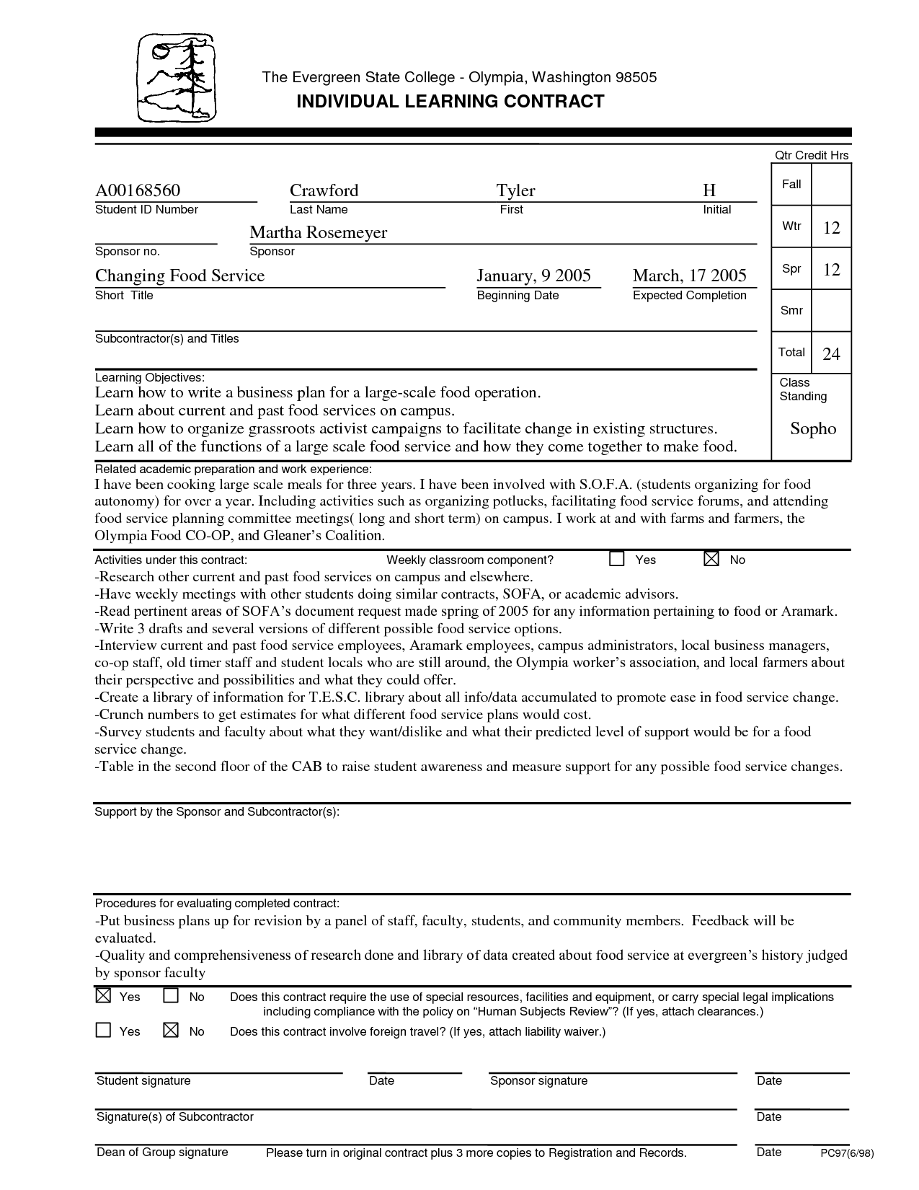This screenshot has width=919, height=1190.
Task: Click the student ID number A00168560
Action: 138,190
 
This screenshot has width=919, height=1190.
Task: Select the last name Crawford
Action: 324,190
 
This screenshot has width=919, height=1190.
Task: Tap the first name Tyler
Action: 515,190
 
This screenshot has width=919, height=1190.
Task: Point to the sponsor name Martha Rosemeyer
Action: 318,232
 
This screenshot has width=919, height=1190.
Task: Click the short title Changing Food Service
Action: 179,276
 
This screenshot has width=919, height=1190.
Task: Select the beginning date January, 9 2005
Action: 533,276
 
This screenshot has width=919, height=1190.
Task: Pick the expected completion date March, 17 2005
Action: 689,276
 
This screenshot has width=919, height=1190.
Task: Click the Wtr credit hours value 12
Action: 831,228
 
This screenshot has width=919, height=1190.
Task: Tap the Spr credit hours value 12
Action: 831,270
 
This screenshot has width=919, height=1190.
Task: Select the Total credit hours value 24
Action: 831,353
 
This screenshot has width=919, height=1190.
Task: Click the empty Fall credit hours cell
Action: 831,185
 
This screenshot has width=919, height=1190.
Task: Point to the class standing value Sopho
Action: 813,429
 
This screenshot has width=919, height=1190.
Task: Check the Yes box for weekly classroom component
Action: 617,560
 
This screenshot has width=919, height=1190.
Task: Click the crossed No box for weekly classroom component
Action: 711,560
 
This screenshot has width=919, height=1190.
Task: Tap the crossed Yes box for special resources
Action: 103,996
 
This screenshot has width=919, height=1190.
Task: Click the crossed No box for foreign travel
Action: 171,1031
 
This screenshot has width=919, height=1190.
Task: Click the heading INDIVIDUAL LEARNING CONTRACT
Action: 450,102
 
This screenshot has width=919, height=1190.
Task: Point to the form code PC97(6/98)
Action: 847,1153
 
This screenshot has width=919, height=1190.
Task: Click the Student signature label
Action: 143,1080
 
